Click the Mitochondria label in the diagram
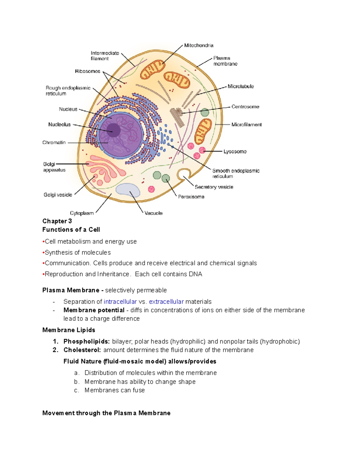pyautogui.click(x=199, y=46)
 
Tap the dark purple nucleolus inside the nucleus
pyautogui.click(x=113, y=130)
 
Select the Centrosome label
pyautogui.click(x=245, y=107)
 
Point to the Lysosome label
pyautogui.click(x=235, y=152)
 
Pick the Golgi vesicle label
pyautogui.click(x=58, y=195)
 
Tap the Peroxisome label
pyautogui.click(x=191, y=197)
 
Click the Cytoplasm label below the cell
pyautogui.click(x=82, y=213)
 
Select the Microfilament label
pyautogui.click(x=246, y=125)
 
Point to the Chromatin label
pyautogui.click(x=54, y=143)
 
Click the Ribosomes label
pyautogui.click(x=88, y=71)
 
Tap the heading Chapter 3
pyautogui.click(x=57, y=221)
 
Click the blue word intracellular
pyautogui.click(x=120, y=302)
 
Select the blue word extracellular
pyautogui.click(x=166, y=302)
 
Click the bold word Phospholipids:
pyautogui.click(x=87, y=341)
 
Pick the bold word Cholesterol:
pyautogui.click(x=82, y=350)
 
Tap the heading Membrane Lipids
pyautogui.click(x=69, y=330)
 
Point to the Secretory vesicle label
pyautogui.click(x=214, y=187)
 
